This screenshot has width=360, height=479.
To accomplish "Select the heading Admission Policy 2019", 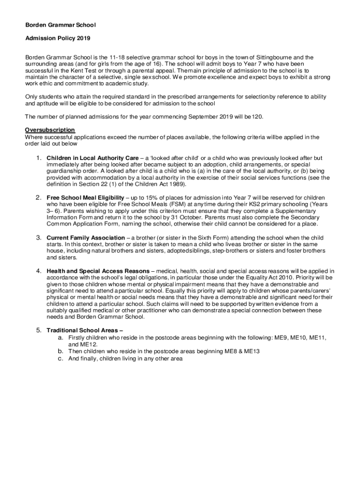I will click(58, 38).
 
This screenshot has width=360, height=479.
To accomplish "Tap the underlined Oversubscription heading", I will click(50, 130).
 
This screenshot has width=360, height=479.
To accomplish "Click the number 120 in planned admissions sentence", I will click(257, 116).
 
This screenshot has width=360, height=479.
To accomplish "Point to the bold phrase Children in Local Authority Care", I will click(93, 158).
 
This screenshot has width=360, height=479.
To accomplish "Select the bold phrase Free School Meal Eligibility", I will click(85, 198).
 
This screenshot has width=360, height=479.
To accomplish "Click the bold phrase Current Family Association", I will click(86, 238).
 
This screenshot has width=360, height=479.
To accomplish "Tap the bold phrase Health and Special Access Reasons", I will click(98, 271).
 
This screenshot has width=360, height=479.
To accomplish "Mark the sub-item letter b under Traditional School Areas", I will click(60, 351).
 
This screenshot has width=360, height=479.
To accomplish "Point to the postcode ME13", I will click(251, 351).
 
